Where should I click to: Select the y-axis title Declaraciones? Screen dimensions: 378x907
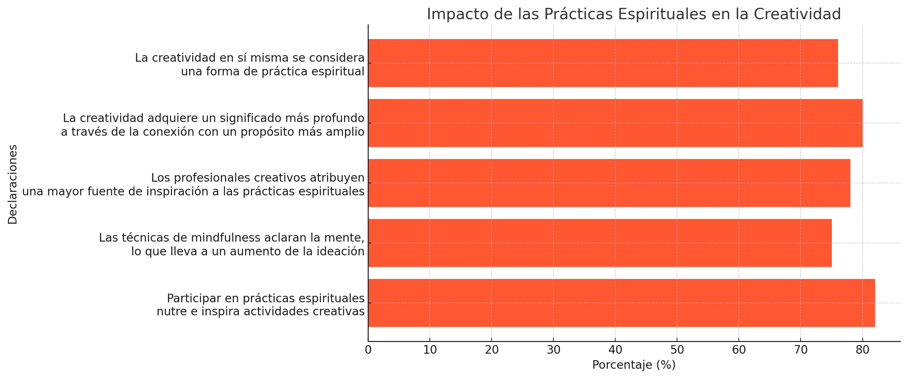pos(13,184)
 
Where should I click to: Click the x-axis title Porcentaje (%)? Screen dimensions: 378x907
pos(634,365)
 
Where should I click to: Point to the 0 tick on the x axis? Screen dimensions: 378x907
pos(368,350)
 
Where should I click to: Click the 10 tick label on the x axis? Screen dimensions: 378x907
pos(429,350)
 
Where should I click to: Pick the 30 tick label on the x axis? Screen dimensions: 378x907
pos(553,350)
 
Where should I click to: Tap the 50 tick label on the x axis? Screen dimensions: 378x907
pos(677,350)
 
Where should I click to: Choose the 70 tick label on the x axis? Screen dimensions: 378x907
pos(800,350)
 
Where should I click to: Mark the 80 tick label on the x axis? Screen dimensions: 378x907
pos(862,350)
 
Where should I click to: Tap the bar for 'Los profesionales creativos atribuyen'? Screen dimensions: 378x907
pos(609,183)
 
